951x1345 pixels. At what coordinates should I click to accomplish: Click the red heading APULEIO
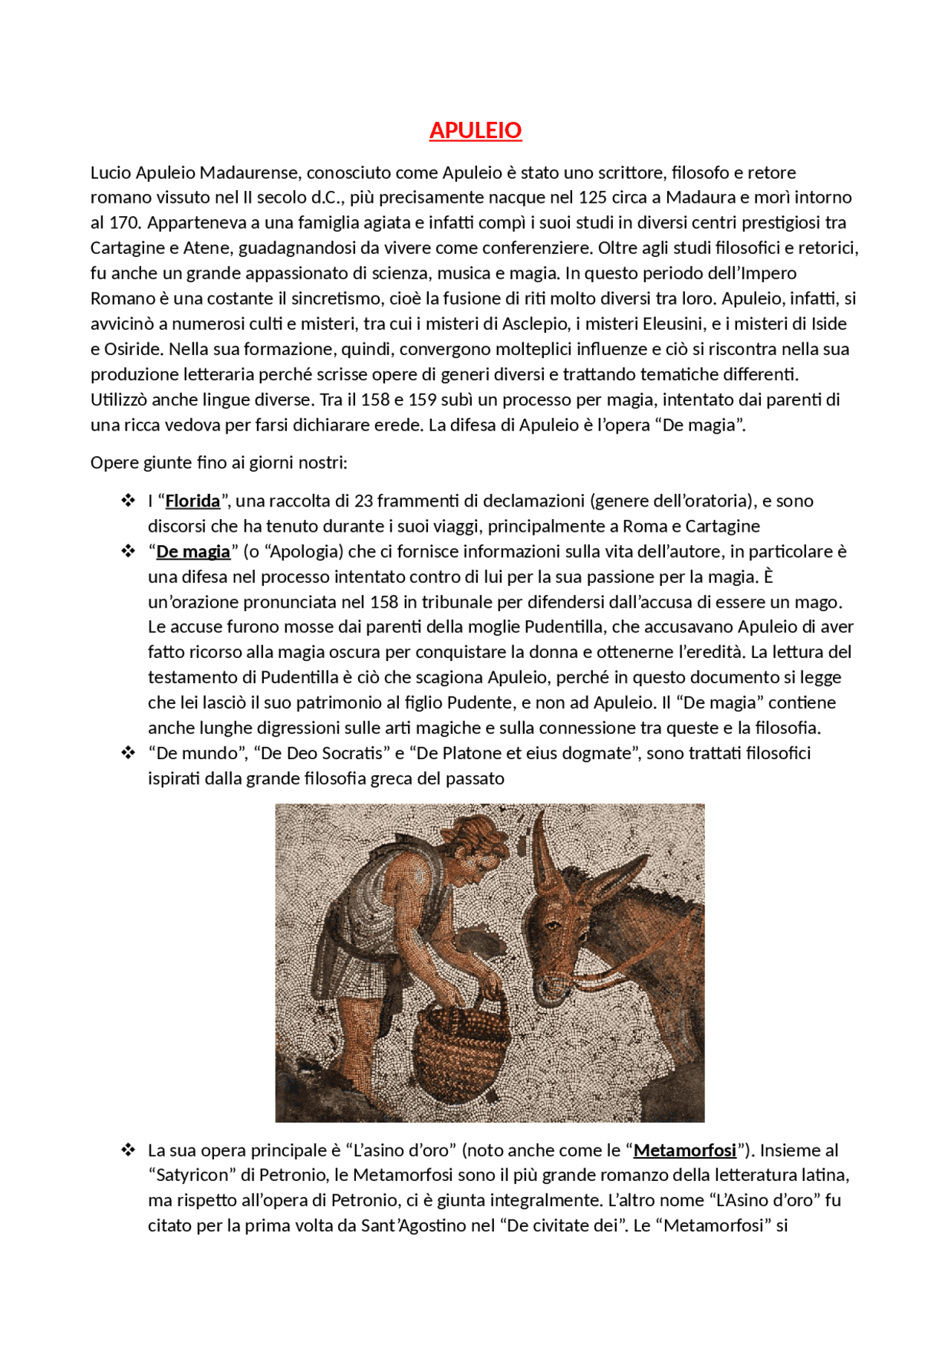coord(475,131)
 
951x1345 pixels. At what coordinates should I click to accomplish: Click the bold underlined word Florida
coord(192,501)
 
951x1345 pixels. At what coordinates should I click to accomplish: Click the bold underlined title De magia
coord(193,552)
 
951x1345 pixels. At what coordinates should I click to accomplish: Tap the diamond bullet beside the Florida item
coord(128,501)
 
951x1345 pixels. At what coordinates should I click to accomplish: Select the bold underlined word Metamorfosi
coord(684,1150)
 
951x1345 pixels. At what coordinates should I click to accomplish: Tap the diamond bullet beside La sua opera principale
coord(128,1150)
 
